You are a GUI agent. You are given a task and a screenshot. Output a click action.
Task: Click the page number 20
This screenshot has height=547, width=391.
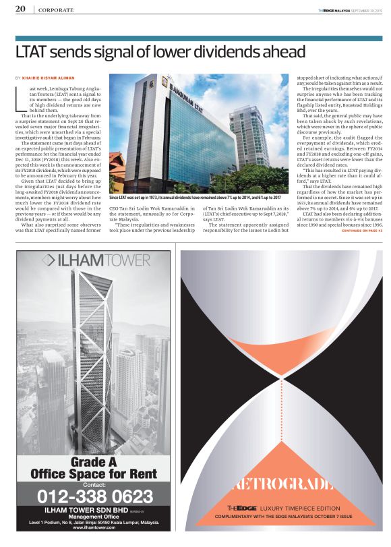pyautogui.click(x=20, y=9)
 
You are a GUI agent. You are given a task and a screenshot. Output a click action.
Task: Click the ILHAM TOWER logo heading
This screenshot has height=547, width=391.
pyautogui.click(x=93, y=260)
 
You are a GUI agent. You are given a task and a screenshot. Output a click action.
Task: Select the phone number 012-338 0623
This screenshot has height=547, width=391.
pyautogui.click(x=94, y=497)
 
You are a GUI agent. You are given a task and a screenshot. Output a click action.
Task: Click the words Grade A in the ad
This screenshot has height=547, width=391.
pyautogui.click(x=94, y=462)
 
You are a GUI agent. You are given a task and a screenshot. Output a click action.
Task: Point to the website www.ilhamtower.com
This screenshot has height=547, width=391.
pyautogui.click(x=94, y=527)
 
